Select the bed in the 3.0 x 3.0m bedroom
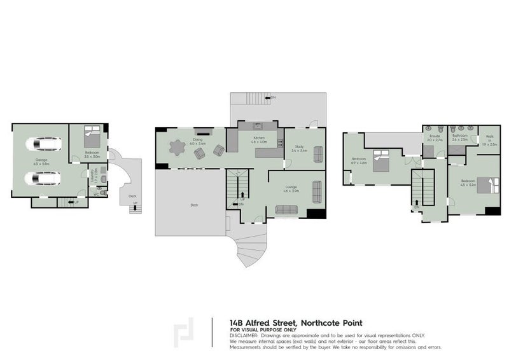click(x=92, y=135)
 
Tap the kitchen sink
click(x=258, y=126)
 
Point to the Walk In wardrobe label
click(x=489, y=138)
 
